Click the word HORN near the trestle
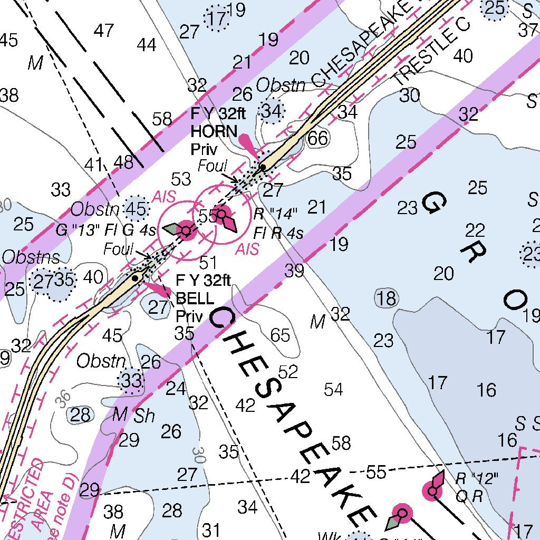coord(207,131)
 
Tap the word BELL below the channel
coord(195,298)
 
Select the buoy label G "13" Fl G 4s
coord(106,230)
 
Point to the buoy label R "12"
coord(477,479)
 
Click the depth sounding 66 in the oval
coord(317,138)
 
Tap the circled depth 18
coord(386,298)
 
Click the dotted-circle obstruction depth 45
coord(136,209)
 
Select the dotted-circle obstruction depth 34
coord(272,111)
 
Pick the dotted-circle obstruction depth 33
coord(132,380)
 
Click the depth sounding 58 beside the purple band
coord(162,119)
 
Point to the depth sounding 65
coord(279,335)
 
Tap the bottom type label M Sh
coord(134,416)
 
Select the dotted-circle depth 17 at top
coord(217,19)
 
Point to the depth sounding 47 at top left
coord(104,31)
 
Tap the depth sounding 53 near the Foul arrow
coord(181,179)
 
